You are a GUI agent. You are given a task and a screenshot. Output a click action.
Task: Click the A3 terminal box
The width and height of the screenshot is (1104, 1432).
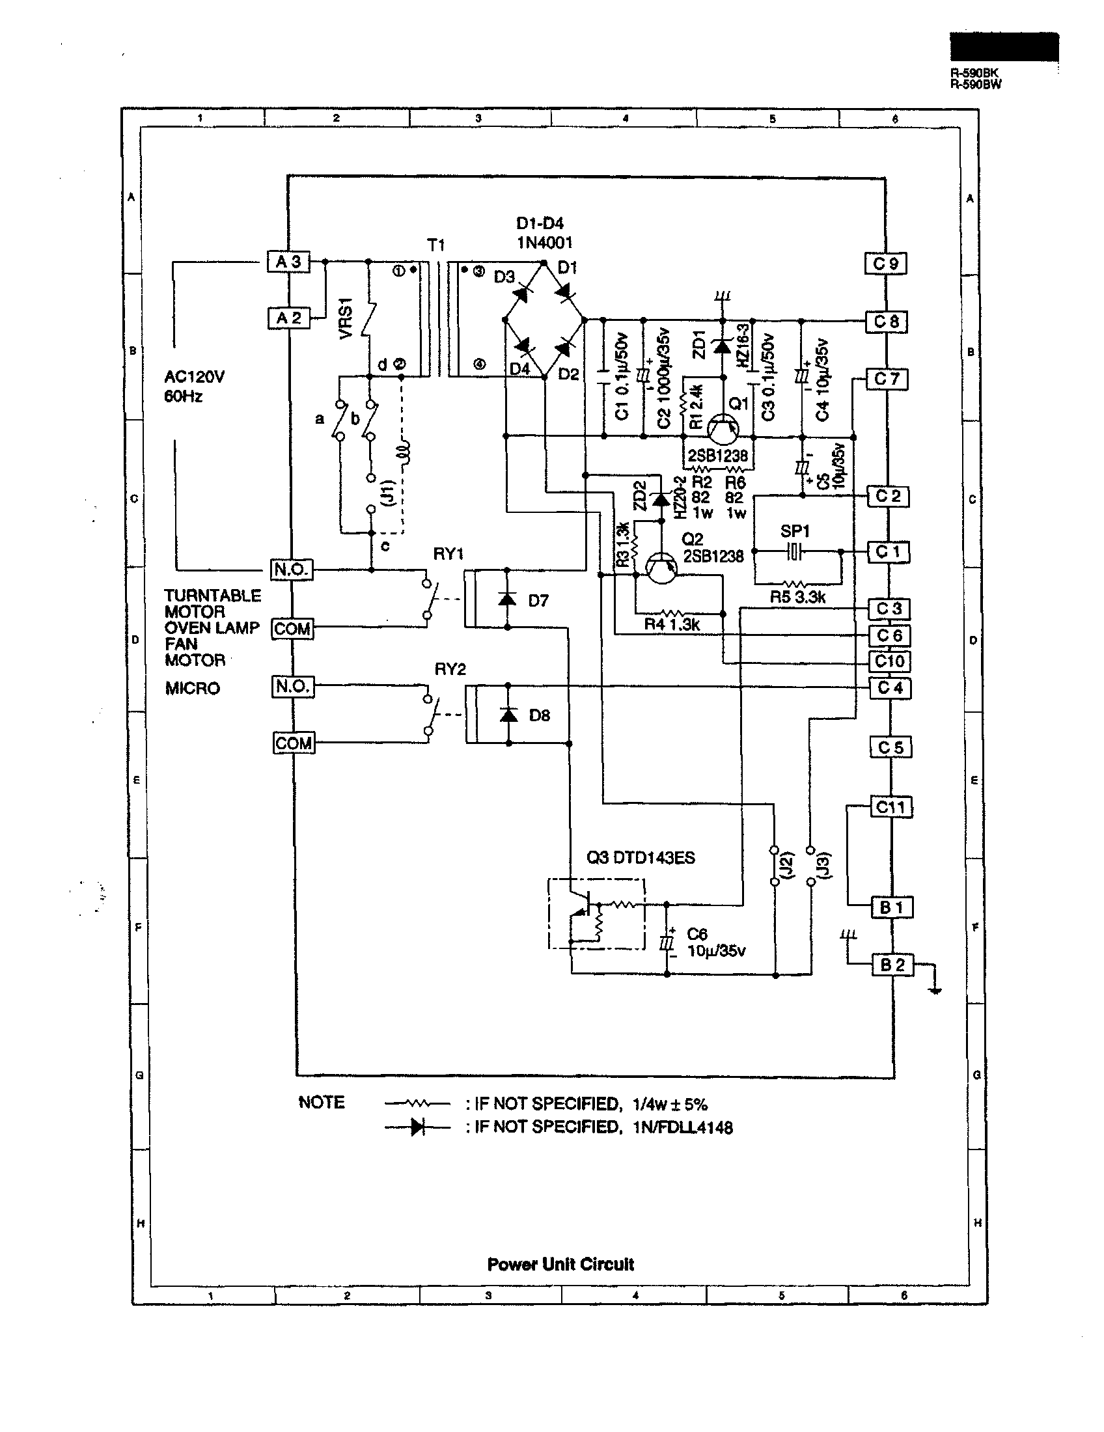tap(288, 262)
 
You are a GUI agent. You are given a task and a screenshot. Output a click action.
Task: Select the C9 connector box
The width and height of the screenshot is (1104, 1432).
tap(885, 264)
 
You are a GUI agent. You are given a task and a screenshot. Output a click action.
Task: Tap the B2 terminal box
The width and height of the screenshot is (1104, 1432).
tap(892, 965)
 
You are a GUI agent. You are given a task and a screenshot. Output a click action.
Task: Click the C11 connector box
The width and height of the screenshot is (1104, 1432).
tap(890, 807)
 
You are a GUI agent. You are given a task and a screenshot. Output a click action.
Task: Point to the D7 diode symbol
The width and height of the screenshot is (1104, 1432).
tap(507, 599)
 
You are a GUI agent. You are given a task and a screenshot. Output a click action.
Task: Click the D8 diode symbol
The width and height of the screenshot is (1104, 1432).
tap(508, 715)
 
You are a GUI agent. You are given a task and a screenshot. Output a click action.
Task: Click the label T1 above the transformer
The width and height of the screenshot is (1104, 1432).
tap(436, 245)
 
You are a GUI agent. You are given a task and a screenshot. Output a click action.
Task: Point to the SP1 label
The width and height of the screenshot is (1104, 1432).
tap(795, 530)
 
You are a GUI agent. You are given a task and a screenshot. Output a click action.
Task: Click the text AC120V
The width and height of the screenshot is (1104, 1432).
tap(194, 377)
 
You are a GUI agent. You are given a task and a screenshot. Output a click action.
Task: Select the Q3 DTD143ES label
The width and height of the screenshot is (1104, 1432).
tap(641, 858)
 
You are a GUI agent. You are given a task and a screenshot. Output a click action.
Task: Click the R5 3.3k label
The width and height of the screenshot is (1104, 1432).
tap(797, 598)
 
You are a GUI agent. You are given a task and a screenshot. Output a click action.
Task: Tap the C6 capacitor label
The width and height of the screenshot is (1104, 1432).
tap(697, 933)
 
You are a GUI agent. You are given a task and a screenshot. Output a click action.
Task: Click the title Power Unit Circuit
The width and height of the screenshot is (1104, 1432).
tap(560, 1264)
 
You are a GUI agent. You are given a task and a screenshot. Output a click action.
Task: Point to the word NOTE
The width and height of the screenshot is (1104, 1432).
tap(321, 1102)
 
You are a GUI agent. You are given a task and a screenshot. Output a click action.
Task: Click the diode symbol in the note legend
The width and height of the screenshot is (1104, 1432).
tap(417, 1127)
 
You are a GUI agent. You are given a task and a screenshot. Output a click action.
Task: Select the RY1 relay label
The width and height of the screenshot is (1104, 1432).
tap(448, 554)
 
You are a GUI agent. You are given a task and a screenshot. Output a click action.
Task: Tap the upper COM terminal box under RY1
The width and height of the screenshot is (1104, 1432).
tap(292, 629)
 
